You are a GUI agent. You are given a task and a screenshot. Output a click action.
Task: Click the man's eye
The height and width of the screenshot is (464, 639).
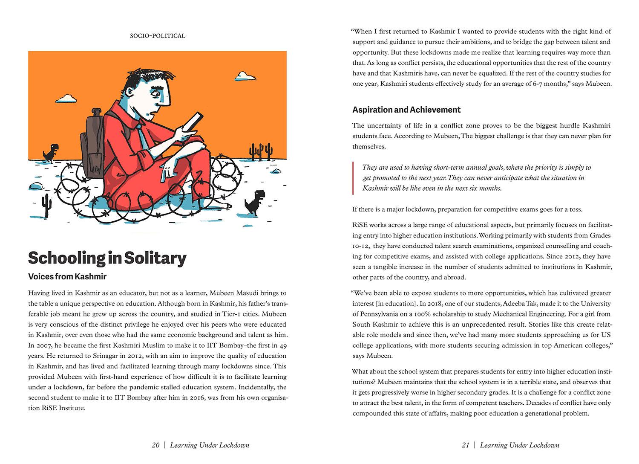[155, 94]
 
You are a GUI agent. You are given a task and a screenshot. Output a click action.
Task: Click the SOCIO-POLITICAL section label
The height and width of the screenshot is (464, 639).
[158, 36]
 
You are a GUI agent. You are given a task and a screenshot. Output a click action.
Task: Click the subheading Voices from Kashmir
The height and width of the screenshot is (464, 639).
[67, 277]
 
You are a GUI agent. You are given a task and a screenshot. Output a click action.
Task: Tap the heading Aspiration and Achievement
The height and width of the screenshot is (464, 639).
[406, 110]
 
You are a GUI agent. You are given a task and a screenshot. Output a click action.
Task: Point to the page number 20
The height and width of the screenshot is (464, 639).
[155, 445]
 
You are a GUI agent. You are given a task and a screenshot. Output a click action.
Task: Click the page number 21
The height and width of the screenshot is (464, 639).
[465, 445]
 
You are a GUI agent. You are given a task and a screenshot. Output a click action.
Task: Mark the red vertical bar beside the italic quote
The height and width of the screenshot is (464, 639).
[353, 178]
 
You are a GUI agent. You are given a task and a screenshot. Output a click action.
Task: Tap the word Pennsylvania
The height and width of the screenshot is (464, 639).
[384, 314]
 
